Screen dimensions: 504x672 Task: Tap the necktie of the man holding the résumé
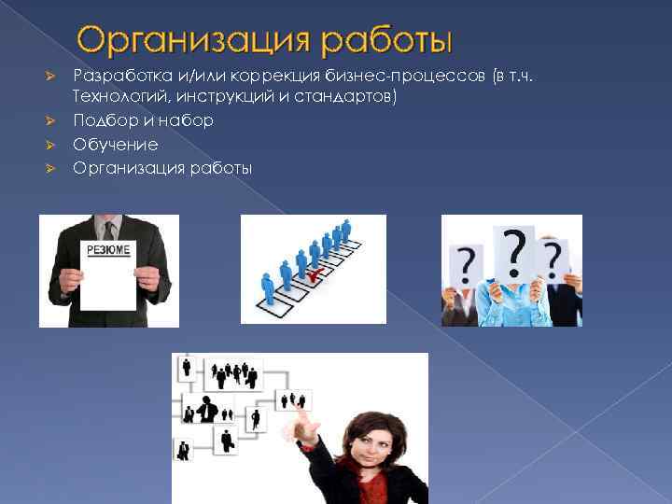[109, 230]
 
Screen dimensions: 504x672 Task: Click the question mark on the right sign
[553, 256]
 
